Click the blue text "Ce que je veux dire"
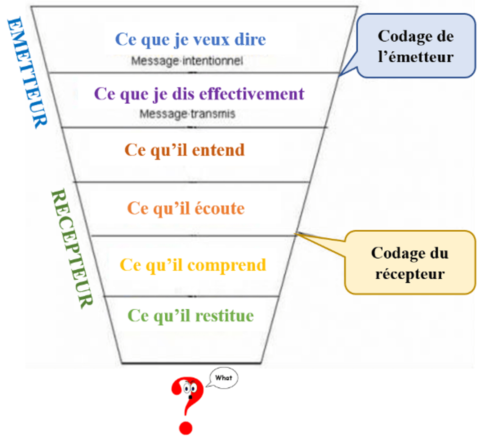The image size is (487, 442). [190, 39]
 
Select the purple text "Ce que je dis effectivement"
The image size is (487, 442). [199, 94]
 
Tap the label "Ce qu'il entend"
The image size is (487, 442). [184, 150]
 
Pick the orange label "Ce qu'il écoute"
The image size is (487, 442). [186, 208]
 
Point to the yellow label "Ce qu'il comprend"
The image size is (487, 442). [192, 265]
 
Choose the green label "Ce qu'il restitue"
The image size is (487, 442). [190, 315]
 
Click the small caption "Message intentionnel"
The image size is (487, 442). [187, 61]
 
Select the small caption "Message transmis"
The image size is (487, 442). [187, 114]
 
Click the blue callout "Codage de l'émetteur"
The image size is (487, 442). [416, 46]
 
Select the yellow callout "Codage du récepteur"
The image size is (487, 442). [409, 263]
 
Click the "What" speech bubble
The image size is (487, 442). [224, 378]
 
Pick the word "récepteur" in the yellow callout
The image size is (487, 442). [410, 274]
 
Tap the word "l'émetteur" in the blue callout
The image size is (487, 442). [416, 57]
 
